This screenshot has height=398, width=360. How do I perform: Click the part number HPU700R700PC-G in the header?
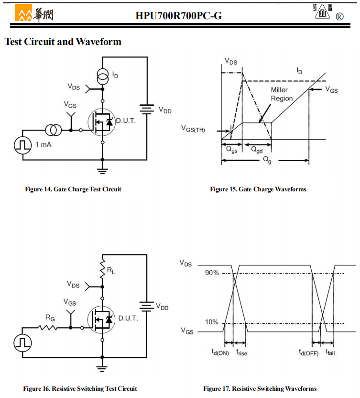[179, 16]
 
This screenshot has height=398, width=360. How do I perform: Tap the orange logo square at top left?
[23, 13]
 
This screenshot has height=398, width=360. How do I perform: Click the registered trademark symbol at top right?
[339, 17]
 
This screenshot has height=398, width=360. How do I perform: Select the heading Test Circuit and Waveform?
[63, 42]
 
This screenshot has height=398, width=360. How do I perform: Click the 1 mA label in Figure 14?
[44, 144]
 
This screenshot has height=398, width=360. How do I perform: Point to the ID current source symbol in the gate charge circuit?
[102, 77]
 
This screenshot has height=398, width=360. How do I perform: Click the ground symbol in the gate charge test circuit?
[102, 171]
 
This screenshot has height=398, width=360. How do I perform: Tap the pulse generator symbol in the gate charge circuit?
[23, 145]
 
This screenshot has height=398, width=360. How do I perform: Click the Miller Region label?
[282, 94]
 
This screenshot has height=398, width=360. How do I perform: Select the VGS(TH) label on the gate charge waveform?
[193, 129]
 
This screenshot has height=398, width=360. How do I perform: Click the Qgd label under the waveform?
[257, 150]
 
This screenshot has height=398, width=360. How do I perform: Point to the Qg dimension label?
[267, 160]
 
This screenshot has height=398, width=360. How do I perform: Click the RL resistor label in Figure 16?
[111, 271]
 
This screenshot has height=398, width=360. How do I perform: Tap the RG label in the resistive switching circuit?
[50, 318]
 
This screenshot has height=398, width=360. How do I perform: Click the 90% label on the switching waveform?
[212, 273]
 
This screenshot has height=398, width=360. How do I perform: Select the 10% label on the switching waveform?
[212, 322]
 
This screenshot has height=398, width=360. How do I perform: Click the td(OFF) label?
[308, 353]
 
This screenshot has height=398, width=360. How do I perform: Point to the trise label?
[242, 353]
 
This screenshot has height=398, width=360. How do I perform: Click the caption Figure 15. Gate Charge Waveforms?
[258, 189]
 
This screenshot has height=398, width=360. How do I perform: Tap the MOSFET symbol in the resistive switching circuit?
[101, 320]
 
